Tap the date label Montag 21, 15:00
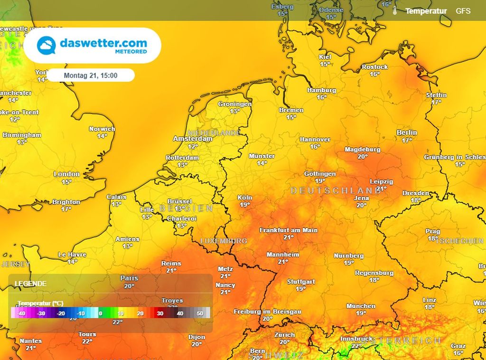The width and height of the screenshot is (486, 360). (x=91, y=75)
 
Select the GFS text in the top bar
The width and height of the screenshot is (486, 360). (x=463, y=10)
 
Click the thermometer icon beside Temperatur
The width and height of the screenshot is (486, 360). (x=394, y=11)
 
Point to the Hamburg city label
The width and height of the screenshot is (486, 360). (x=321, y=90)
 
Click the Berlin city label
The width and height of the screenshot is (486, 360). (x=407, y=133)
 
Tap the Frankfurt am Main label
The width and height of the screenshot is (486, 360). (x=289, y=230)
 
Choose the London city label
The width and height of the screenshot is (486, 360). (x=66, y=174)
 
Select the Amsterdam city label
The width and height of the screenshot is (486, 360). (x=192, y=139)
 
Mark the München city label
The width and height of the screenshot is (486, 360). (x=361, y=306)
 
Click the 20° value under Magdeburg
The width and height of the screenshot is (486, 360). (x=363, y=156)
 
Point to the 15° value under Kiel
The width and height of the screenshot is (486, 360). (x=325, y=64)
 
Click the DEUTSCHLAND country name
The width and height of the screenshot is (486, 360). (x=329, y=190)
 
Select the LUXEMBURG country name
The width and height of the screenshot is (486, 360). (x=224, y=241)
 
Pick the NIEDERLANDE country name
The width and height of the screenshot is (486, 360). (x=214, y=133)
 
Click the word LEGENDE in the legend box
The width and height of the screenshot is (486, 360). (x=30, y=284)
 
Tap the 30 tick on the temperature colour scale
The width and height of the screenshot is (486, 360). (x=160, y=313)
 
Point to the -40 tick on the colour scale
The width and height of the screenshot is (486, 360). (x=20, y=313)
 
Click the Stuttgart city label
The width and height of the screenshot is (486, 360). (x=301, y=282)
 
